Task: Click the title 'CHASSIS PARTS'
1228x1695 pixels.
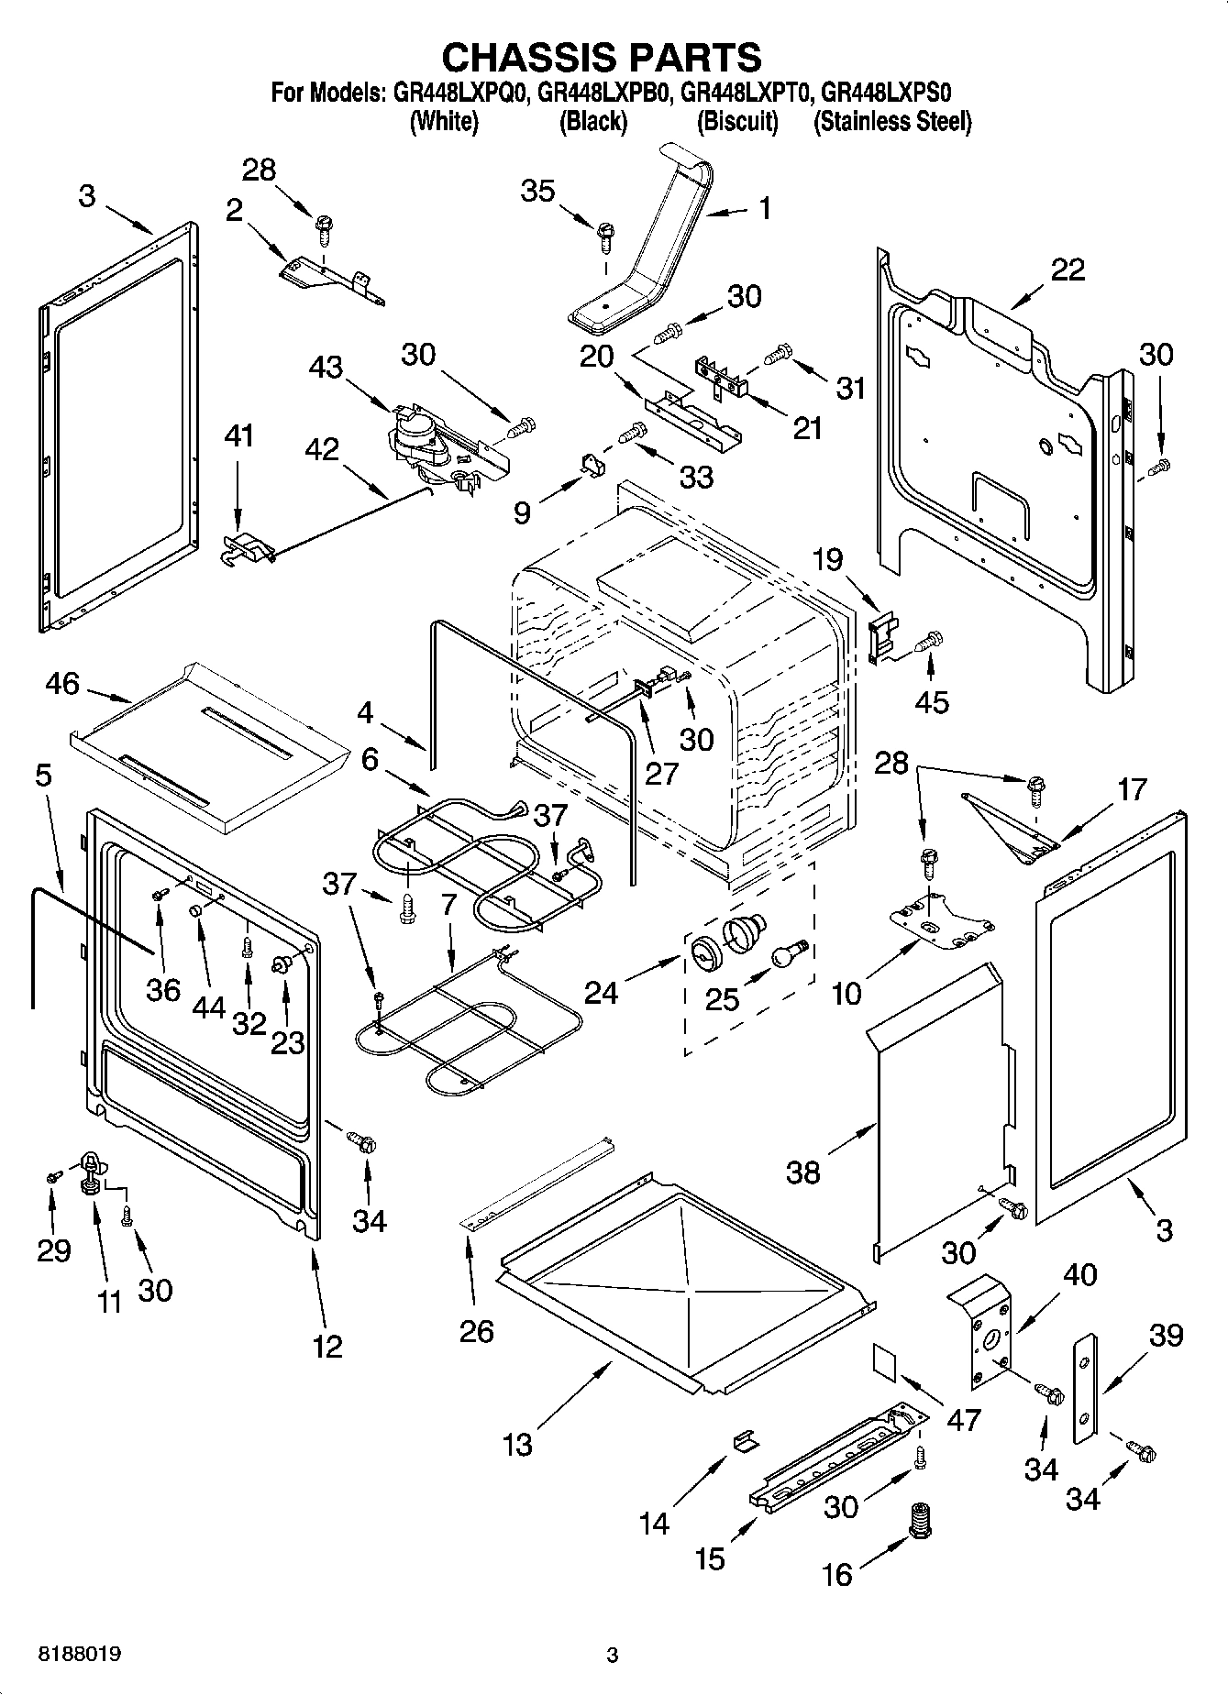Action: pos(601,57)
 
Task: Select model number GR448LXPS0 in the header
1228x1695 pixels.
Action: pos(886,93)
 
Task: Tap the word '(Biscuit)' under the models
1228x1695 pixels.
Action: pos(737,121)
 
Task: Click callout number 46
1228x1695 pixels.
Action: pos(62,684)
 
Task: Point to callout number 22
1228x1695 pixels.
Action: pos(1068,269)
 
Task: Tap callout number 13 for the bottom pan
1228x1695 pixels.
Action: pos(517,1444)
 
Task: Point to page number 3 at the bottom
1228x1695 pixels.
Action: pos(613,1655)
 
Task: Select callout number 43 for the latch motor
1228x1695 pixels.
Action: pos(326,367)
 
